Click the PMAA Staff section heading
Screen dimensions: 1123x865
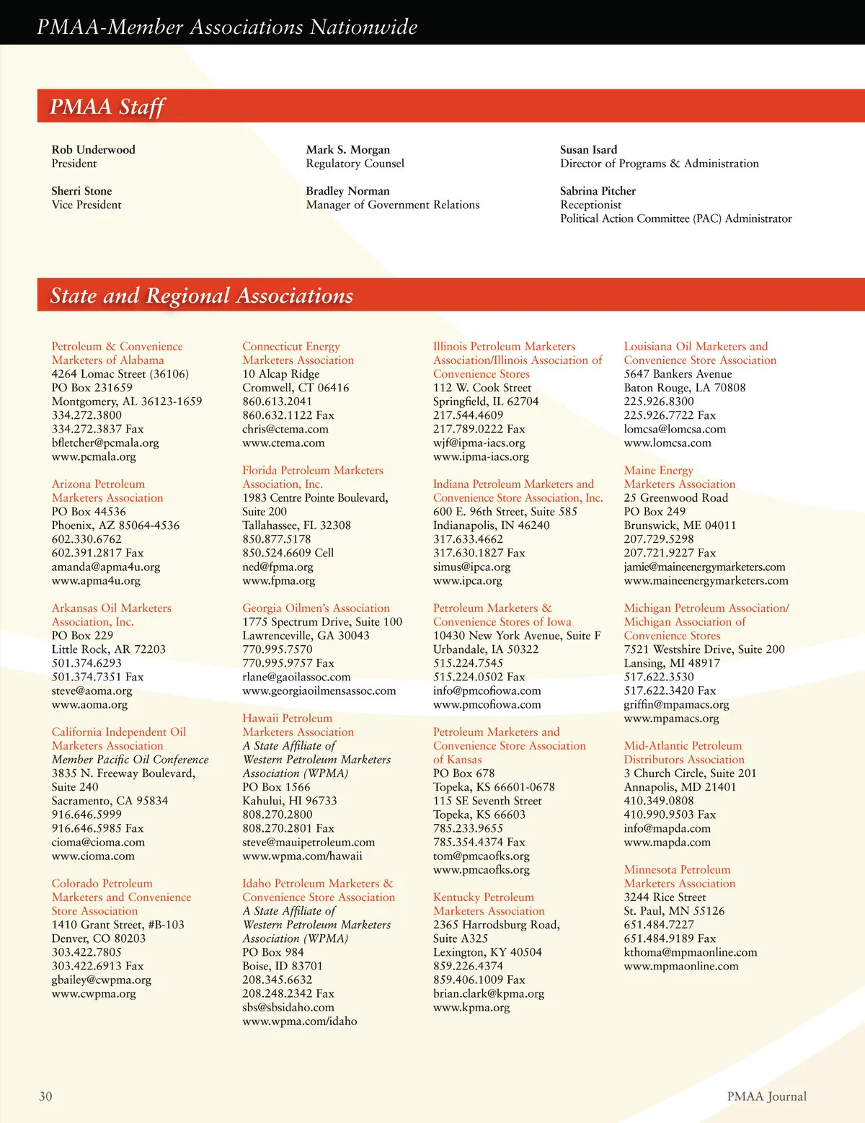107,107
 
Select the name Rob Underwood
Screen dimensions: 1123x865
93,150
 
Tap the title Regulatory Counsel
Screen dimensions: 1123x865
355,164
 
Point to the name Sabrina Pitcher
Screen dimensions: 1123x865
598,191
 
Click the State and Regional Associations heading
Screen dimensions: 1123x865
201,296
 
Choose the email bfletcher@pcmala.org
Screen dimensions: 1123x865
105,443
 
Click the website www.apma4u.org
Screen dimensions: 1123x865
96,580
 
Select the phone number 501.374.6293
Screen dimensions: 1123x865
86,663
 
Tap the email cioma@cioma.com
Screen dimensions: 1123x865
98,842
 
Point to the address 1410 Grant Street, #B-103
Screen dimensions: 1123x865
117,925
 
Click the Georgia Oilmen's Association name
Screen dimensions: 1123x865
316,608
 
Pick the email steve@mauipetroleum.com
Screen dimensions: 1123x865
309,842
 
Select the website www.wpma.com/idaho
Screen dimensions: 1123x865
299,1021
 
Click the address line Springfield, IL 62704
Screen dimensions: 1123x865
486,401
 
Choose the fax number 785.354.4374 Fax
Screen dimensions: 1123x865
479,842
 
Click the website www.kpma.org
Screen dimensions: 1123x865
471,1008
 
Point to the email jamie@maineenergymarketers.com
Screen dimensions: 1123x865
704,567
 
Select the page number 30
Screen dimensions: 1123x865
45,1096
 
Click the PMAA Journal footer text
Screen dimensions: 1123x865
766,1096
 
